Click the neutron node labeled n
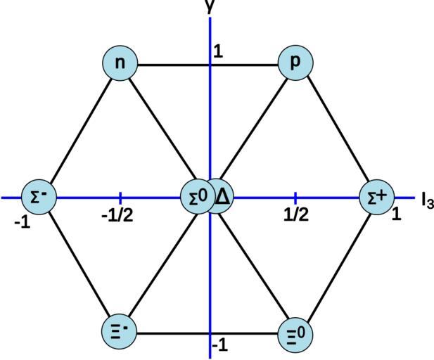click(x=120, y=63)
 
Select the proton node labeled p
click(x=295, y=63)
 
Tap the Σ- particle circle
click(x=38, y=197)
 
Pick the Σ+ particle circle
click(x=376, y=198)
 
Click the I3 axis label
click(x=427, y=200)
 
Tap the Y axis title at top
click(x=210, y=6)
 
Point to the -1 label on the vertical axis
click(x=220, y=345)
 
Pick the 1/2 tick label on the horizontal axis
click(x=296, y=214)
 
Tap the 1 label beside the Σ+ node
click(x=396, y=214)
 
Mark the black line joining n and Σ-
click(x=79, y=131)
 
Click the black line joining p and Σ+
click(x=336, y=131)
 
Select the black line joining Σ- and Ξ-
click(x=79, y=264)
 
